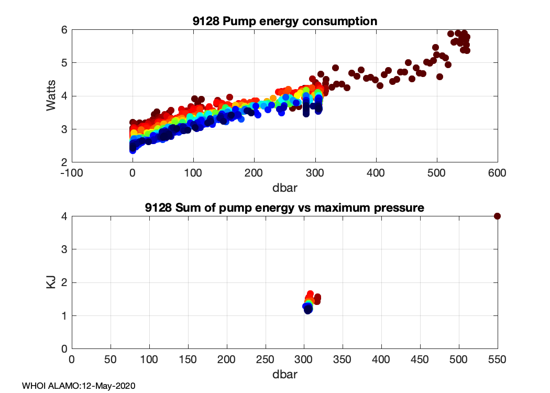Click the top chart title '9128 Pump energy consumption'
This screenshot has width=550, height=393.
[x=284, y=21]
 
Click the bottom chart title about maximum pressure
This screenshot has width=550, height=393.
[x=284, y=208]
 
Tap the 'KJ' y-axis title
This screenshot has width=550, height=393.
[x=51, y=282]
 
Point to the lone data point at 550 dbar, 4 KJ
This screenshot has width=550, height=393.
[x=497, y=216]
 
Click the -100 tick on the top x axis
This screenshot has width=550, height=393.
[x=72, y=172]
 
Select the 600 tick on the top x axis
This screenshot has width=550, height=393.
[x=497, y=172]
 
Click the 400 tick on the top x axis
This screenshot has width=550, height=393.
[x=376, y=172]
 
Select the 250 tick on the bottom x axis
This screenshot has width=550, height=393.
[x=265, y=359]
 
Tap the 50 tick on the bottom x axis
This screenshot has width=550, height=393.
[x=111, y=359]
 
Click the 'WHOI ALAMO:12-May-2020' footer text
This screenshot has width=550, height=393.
[x=79, y=386]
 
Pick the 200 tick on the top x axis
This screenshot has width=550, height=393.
[x=254, y=172]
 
